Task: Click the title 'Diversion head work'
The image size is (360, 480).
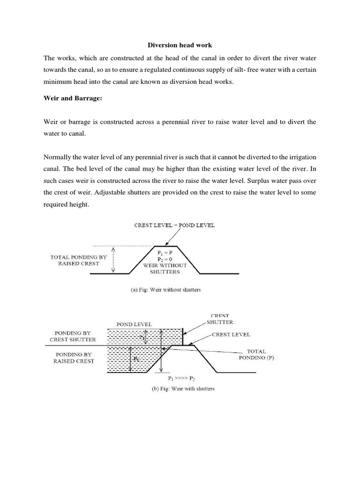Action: [180, 45]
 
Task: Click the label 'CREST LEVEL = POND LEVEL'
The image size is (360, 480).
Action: [174, 225]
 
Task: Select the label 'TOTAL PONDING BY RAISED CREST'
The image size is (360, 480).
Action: [75, 260]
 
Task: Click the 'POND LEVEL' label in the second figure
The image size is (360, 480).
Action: [134, 324]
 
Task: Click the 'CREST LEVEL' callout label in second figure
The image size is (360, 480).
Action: [231, 335]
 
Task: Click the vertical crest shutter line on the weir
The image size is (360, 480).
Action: [182, 337]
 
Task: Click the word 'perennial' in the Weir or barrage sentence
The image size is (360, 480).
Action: [178, 122]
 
